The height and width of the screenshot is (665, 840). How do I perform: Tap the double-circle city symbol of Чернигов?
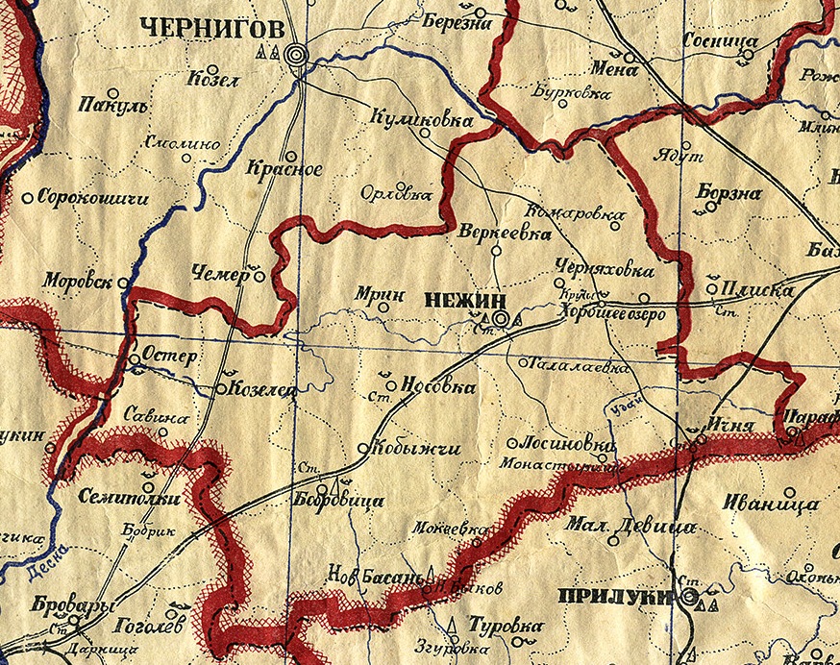(x=298, y=55)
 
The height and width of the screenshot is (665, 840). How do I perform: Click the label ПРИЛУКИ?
(x=613, y=596)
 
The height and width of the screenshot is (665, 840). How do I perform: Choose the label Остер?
(x=169, y=357)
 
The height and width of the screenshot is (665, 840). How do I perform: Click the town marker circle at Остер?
(x=134, y=361)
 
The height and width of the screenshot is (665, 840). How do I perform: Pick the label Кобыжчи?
(x=411, y=448)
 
